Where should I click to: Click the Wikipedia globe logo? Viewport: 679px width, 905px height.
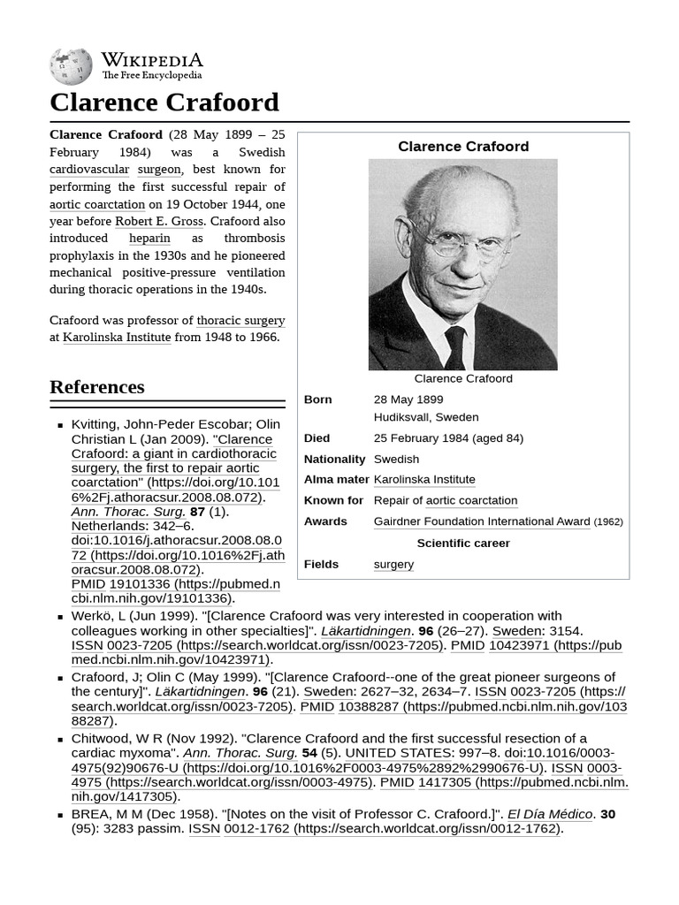pyautogui.click(x=71, y=66)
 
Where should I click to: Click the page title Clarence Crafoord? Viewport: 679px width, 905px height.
pyautogui.click(x=164, y=103)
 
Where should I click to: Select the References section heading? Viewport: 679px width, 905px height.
pyautogui.click(x=97, y=387)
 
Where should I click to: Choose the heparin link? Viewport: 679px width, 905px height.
pyautogui.click(x=149, y=238)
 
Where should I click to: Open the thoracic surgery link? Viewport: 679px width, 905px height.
pyautogui.click(x=240, y=320)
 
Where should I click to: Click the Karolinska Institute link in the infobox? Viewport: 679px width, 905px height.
pyautogui.click(x=424, y=479)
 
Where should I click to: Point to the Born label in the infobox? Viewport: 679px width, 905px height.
pyautogui.click(x=318, y=399)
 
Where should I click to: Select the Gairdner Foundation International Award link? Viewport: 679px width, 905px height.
pyautogui.click(x=482, y=521)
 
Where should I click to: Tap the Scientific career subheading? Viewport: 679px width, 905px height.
pyautogui.click(x=463, y=543)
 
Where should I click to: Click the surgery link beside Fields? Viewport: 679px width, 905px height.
pyautogui.click(x=393, y=564)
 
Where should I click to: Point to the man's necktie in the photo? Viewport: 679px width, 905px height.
pyautogui.click(x=455, y=346)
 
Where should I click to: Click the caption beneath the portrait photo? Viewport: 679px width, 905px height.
pyautogui.click(x=463, y=378)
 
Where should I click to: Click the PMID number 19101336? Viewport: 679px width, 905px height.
pyautogui.click(x=141, y=584)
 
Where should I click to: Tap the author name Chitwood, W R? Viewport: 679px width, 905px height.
pyautogui.click(x=113, y=738)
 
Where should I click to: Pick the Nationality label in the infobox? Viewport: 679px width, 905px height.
pyautogui.click(x=334, y=459)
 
